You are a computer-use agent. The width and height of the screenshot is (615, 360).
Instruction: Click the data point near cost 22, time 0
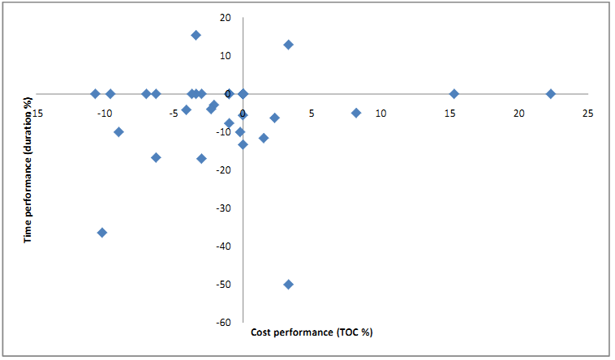tap(550, 94)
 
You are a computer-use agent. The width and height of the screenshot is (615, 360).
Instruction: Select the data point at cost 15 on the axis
tap(454, 94)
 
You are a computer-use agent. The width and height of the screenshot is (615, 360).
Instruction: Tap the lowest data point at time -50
tap(288, 285)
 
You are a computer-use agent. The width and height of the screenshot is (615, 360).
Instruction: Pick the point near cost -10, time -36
tap(102, 233)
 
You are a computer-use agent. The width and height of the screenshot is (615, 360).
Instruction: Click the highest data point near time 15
tap(196, 36)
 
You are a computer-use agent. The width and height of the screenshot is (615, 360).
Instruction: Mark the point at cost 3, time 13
tap(288, 45)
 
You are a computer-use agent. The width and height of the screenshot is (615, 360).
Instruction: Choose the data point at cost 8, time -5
tap(355, 113)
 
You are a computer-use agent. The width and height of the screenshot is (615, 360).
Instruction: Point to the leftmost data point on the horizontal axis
tap(95, 94)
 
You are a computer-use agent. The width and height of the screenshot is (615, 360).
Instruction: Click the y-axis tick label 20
tap(225, 17)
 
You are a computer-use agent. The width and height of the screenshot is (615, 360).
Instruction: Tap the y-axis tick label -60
tap(222, 323)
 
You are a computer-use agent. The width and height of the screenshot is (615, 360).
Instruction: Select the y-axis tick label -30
tap(222, 208)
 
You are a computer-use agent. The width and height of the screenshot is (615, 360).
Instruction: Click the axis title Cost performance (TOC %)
tap(312, 332)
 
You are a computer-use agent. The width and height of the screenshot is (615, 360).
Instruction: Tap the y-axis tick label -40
tap(222, 246)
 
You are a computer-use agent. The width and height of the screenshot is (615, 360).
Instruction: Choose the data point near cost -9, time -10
tap(118, 132)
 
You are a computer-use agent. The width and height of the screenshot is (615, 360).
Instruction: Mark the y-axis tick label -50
tap(222, 285)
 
